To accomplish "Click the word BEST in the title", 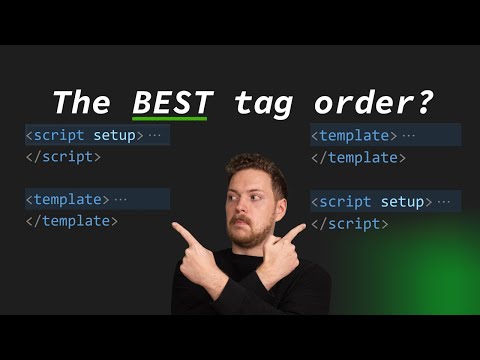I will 172,101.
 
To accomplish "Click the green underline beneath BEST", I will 172,119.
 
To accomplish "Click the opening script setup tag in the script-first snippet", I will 85,135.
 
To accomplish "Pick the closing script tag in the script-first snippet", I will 63,157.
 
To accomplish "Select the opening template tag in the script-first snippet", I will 67,199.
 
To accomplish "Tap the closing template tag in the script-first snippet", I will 71,221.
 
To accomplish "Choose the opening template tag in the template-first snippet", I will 353,135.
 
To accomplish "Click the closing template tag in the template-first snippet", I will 357,157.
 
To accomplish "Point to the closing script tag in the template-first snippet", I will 348,224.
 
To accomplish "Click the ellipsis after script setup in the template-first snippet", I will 445,202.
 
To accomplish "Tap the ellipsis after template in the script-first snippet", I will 121,199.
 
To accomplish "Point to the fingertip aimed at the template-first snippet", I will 302,229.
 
